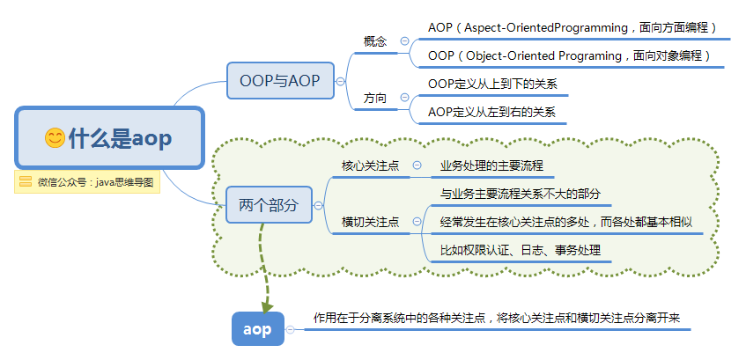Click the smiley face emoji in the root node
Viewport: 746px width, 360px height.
click(x=55, y=138)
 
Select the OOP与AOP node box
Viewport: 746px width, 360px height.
click(x=280, y=81)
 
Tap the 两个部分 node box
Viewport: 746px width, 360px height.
click(x=269, y=205)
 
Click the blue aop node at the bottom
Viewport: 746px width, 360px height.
click(x=258, y=329)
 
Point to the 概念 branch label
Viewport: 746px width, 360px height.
click(x=375, y=41)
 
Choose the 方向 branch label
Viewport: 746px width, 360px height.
click(x=375, y=99)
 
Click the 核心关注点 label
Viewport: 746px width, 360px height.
click(x=370, y=165)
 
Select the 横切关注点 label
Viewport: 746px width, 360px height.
click(x=370, y=222)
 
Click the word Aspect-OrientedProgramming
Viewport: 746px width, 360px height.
click(x=546, y=28)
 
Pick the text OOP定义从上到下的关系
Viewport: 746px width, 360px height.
click(x=492, y=84)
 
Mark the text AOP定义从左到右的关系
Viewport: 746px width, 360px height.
click(x=492, y=113)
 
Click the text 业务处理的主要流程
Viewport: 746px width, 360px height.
click(x=491, y=166)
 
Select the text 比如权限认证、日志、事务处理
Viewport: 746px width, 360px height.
click(x=521, y=250)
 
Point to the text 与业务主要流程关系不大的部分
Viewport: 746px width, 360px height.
click(x=520, y=194)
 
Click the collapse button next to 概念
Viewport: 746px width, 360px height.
click(x=405, y=40)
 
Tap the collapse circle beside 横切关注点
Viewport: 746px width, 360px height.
click(x=417, y=222)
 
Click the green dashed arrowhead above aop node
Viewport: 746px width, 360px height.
click(x=267, y=305)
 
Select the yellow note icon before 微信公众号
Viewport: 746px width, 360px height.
click(x=26, y=181)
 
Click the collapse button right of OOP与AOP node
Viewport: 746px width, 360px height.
click(x=340, y=81)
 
